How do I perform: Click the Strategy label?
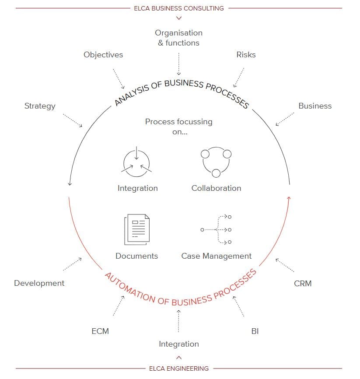pos(40,106)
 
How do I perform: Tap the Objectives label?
pos(103,55)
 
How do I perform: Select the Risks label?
pos(246,55)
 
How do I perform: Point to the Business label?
pos(315,106)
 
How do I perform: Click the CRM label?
pos(303,283)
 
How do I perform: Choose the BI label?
pos(255,331)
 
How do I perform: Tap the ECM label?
pos(100,331)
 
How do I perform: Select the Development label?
pos(39,283)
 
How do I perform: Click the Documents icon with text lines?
pos(137,229)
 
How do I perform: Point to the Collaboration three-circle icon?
pos(216,162)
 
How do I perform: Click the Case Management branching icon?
pos(216,229)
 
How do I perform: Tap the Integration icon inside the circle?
pos(136,161)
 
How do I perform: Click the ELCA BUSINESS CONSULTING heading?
pos(179,8)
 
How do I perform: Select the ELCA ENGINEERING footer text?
pos(179,368)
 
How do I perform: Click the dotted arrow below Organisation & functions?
pos(179,64)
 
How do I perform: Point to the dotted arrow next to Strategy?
pos(73,120)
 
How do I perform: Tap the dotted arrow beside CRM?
pos(285,265)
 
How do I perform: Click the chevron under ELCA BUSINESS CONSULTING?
pos(179,18)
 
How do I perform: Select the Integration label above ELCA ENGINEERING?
pos(179,344)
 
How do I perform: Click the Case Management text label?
pos(216,256)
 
